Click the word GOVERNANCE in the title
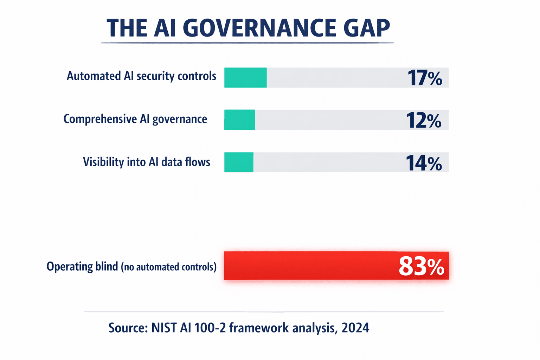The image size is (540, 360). pyautogui.click(x=259, y=28)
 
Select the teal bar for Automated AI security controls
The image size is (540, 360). pyautogui.click(x=245, y=77)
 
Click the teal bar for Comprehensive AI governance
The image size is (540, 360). pyautogui.click(x=239, y=120)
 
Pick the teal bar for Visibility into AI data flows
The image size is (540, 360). pyautogui.click(x=239, y=162)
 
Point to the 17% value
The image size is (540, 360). pyautogui.click(x=424, y=78)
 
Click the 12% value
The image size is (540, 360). pyautogui.click(x=424, y=120)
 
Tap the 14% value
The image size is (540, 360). pyautogui.click(x=424, y=163)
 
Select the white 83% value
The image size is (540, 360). pyautogui.click(x=421, y=266)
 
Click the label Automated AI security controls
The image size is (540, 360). pyautogui.click(x=141, y=76)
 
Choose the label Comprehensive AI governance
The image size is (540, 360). pyautogui.click(x=135, y=119)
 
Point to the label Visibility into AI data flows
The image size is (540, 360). pyautogui.click(x=146, y=162)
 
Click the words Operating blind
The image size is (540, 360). pyautogui.click(x=82, y=266)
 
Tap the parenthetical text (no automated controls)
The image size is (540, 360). pyautogui.click(x=169, y=267)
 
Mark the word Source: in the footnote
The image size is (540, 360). pyautogui.click(x=128, y=328)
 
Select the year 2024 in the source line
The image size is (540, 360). pyautogui.click(x=355, y=328)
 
